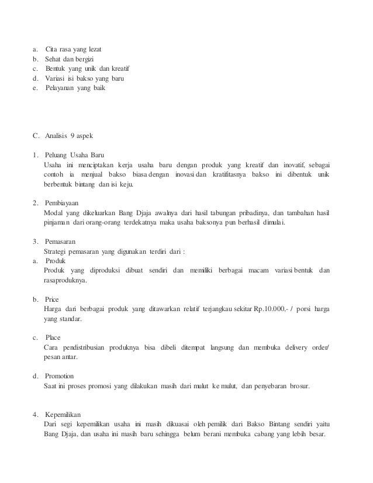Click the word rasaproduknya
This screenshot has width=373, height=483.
[x=65, y=280]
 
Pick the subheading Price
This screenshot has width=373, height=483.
[x=52, y=299]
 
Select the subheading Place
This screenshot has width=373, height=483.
[x=53, y=337]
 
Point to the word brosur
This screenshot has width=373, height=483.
[x=299, y=386]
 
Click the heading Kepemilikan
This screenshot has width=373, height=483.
[x=65, y=415]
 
